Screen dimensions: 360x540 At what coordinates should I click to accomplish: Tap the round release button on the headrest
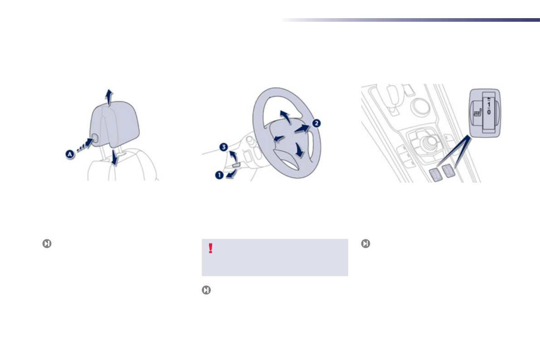tap(96, 139)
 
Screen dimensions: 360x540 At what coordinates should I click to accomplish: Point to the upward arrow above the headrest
tap(108, 97)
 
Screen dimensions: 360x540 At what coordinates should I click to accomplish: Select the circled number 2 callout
tap(316, 123)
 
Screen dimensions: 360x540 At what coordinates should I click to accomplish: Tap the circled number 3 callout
tap(224, 147)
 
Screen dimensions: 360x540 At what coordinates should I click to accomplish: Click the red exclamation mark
tap(210, 248)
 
